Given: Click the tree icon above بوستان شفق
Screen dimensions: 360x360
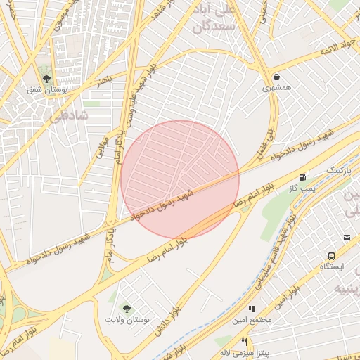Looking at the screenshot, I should click(x=46, y=79).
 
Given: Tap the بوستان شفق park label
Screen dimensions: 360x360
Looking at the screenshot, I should click(x=46, y=91).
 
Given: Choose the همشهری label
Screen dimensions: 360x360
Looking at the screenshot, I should click(x=276, y=89).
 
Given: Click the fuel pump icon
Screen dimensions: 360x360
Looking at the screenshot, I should click(x=303, y=178).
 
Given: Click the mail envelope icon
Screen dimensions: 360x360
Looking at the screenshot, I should click(x=347, y=238).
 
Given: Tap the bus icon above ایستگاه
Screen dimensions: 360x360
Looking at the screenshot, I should click(x=330, y=256).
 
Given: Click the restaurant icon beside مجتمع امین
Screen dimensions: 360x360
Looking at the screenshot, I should click(x=250, y=309).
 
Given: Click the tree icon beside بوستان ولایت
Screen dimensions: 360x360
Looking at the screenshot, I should click(x=127, y=308).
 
